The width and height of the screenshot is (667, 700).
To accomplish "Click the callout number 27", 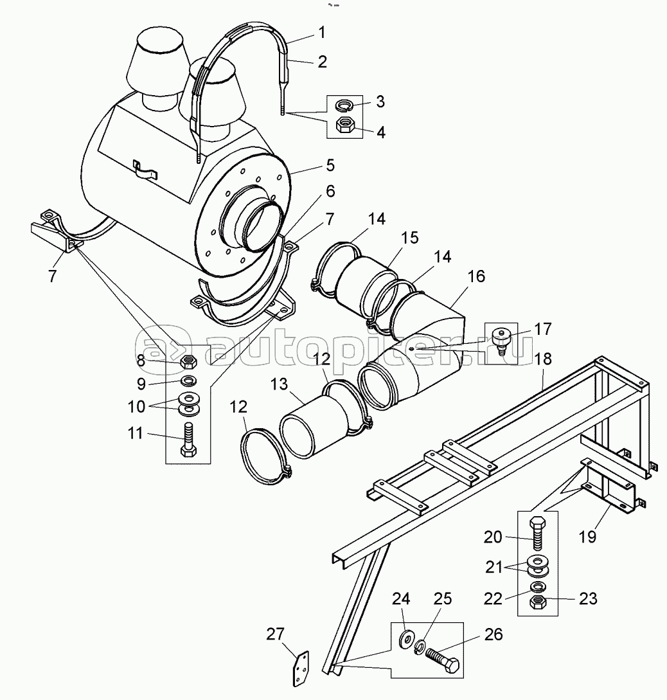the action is (x=275, y=634).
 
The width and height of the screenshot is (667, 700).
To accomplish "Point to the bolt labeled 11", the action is (x=188, y=440).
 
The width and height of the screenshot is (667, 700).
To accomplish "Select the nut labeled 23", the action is (x=538, y=602).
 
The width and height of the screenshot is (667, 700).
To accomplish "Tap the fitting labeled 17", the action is (x=500, y=339).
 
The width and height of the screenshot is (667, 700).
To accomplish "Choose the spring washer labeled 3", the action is (x=345, y=105).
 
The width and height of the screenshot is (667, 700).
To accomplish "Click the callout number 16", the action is (x=476, y=276).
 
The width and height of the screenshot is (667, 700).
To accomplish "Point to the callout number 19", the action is (x=587, y=537).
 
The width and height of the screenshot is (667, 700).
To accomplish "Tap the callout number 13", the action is (x=280, y=384).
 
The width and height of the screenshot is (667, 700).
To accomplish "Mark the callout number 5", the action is (x=330, y=165).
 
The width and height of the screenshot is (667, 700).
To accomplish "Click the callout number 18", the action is (x=544, y=359).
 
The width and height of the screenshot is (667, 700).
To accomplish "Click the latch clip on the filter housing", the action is (x=146, y=169).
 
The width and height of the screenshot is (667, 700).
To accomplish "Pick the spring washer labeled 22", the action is (x=538, y=586).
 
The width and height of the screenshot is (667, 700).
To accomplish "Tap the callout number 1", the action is (x=322, y=32).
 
